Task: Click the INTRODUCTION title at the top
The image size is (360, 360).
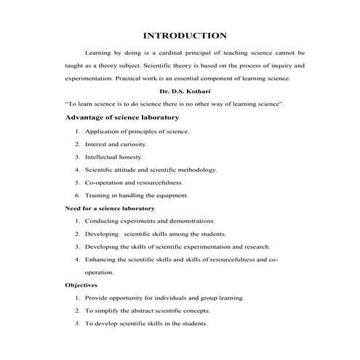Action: pyautogui.click(x=185, y=35)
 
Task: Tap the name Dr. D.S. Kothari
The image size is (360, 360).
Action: pyautogui.click(x=184, y=92)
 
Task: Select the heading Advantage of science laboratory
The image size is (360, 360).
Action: pyautogui.click(x=121, y=118)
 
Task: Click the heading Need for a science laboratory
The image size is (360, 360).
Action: pyautogui.click(x=110, y=208)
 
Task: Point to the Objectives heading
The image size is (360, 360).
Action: pyautogui.click(x=81, y=285)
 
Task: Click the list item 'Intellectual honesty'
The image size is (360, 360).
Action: pyautogui.click(x=114, y=156)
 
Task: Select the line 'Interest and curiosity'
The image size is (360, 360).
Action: pyautogui.click(x=116, y=144)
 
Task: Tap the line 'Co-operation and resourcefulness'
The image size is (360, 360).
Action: pyautogui.click(x=134, y=182)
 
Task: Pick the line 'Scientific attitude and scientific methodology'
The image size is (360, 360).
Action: pyautogui.click(x=151, y=169)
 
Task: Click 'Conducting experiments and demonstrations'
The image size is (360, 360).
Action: pyautogui.click(x=150, y=220)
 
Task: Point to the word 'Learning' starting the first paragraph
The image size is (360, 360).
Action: pyautogui.click(x=99, y=53)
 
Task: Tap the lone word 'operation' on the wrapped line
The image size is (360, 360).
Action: pyautogui.click(x=99, y=272)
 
